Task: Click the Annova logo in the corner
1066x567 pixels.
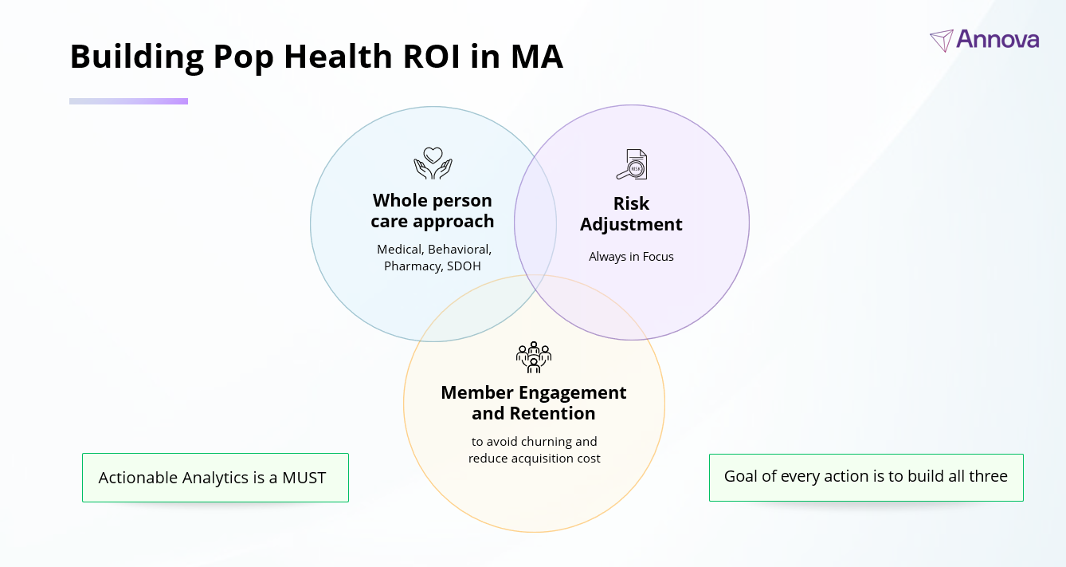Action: (984, 39)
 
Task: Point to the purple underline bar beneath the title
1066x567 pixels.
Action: (128, 101)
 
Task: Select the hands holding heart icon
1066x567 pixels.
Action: (433, 163)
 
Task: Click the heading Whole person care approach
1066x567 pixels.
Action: (433, 211)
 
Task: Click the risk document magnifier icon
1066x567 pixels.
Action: (631, 164)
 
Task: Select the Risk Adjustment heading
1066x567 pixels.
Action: (631, 214)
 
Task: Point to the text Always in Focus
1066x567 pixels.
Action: (631, 257)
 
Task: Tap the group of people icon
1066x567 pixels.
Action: (534, 356)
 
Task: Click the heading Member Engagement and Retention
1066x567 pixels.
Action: (534, 403)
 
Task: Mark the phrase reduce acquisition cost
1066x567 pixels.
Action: (534, 458)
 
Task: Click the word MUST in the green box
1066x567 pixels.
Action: (304, 478)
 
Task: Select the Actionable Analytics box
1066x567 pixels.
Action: (215, 478)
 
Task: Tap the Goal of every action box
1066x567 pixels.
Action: (865, 477)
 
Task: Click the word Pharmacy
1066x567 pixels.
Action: (412, 266)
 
